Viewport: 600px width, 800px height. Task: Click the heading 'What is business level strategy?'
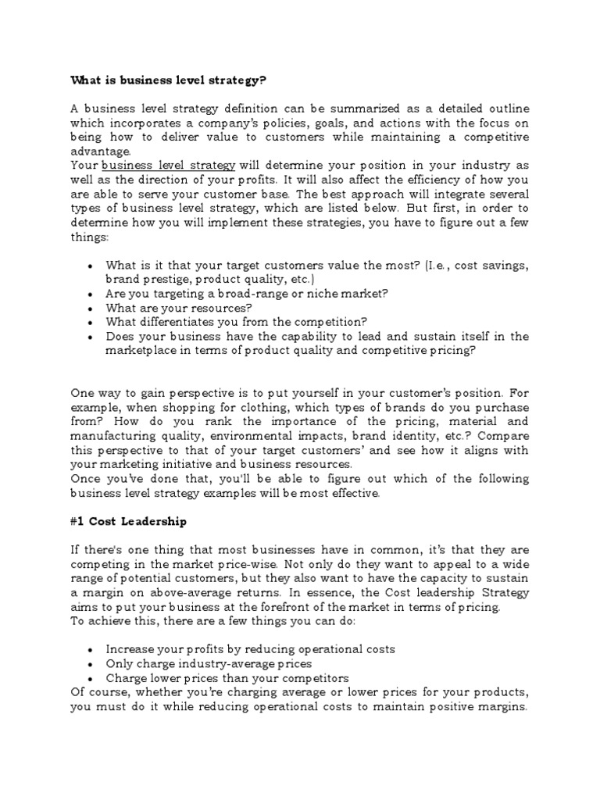tap(168, 80)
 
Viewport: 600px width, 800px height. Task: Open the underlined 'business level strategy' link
tap(168, 166)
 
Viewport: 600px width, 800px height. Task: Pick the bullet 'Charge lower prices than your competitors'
tap(227, 677)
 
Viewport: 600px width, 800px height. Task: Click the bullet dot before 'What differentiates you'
tap(91, 322)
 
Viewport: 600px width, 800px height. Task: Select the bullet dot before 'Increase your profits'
tap(91, 650)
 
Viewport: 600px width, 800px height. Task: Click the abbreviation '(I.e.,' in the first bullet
tap(441, 265)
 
